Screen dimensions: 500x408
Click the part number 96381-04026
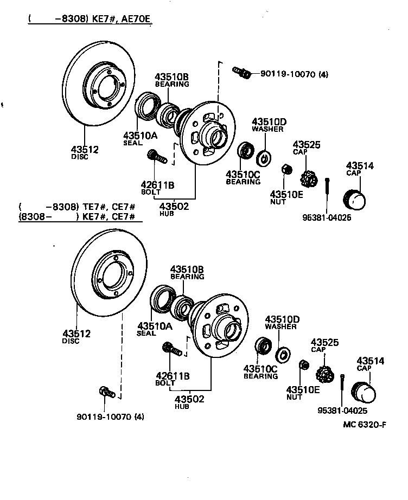click(328, 218)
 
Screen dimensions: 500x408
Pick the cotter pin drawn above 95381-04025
click(342, 387)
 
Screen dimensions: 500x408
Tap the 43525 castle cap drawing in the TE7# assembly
click(324, 373)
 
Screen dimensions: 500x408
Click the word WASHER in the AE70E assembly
click(267, 129)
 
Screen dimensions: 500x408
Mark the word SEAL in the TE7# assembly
click(146, 333)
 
